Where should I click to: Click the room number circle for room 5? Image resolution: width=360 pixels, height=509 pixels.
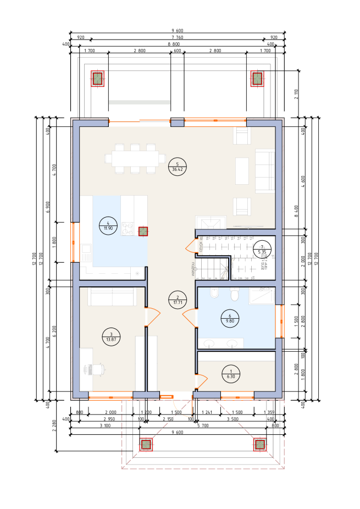point(178,167)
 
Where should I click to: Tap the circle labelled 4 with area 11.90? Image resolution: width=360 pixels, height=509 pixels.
point(108,225)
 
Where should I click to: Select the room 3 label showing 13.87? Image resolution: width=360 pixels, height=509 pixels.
point(111,337)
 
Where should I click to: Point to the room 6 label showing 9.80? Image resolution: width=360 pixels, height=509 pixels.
point(230,318)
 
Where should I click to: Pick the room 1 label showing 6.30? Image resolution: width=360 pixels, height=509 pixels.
point(231,374)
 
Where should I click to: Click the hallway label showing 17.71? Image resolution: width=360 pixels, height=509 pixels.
point(178,300)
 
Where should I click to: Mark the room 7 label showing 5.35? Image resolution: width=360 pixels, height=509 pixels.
point(262,250)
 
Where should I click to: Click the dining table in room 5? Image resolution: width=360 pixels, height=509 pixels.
point(135,158)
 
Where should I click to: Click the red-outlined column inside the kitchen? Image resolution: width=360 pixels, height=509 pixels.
point(143,231)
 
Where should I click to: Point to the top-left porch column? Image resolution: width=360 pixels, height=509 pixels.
point(97,79)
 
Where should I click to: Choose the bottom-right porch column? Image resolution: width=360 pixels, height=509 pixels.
point(259,444)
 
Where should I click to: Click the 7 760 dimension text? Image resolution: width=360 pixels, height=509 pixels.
point(177,37)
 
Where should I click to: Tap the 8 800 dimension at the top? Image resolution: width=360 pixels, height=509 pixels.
point(174,44)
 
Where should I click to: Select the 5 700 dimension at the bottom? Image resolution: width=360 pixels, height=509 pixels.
point(202,425)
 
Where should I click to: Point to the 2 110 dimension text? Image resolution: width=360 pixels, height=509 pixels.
point(296,93)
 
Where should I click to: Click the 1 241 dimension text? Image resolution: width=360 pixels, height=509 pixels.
point(207,412)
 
